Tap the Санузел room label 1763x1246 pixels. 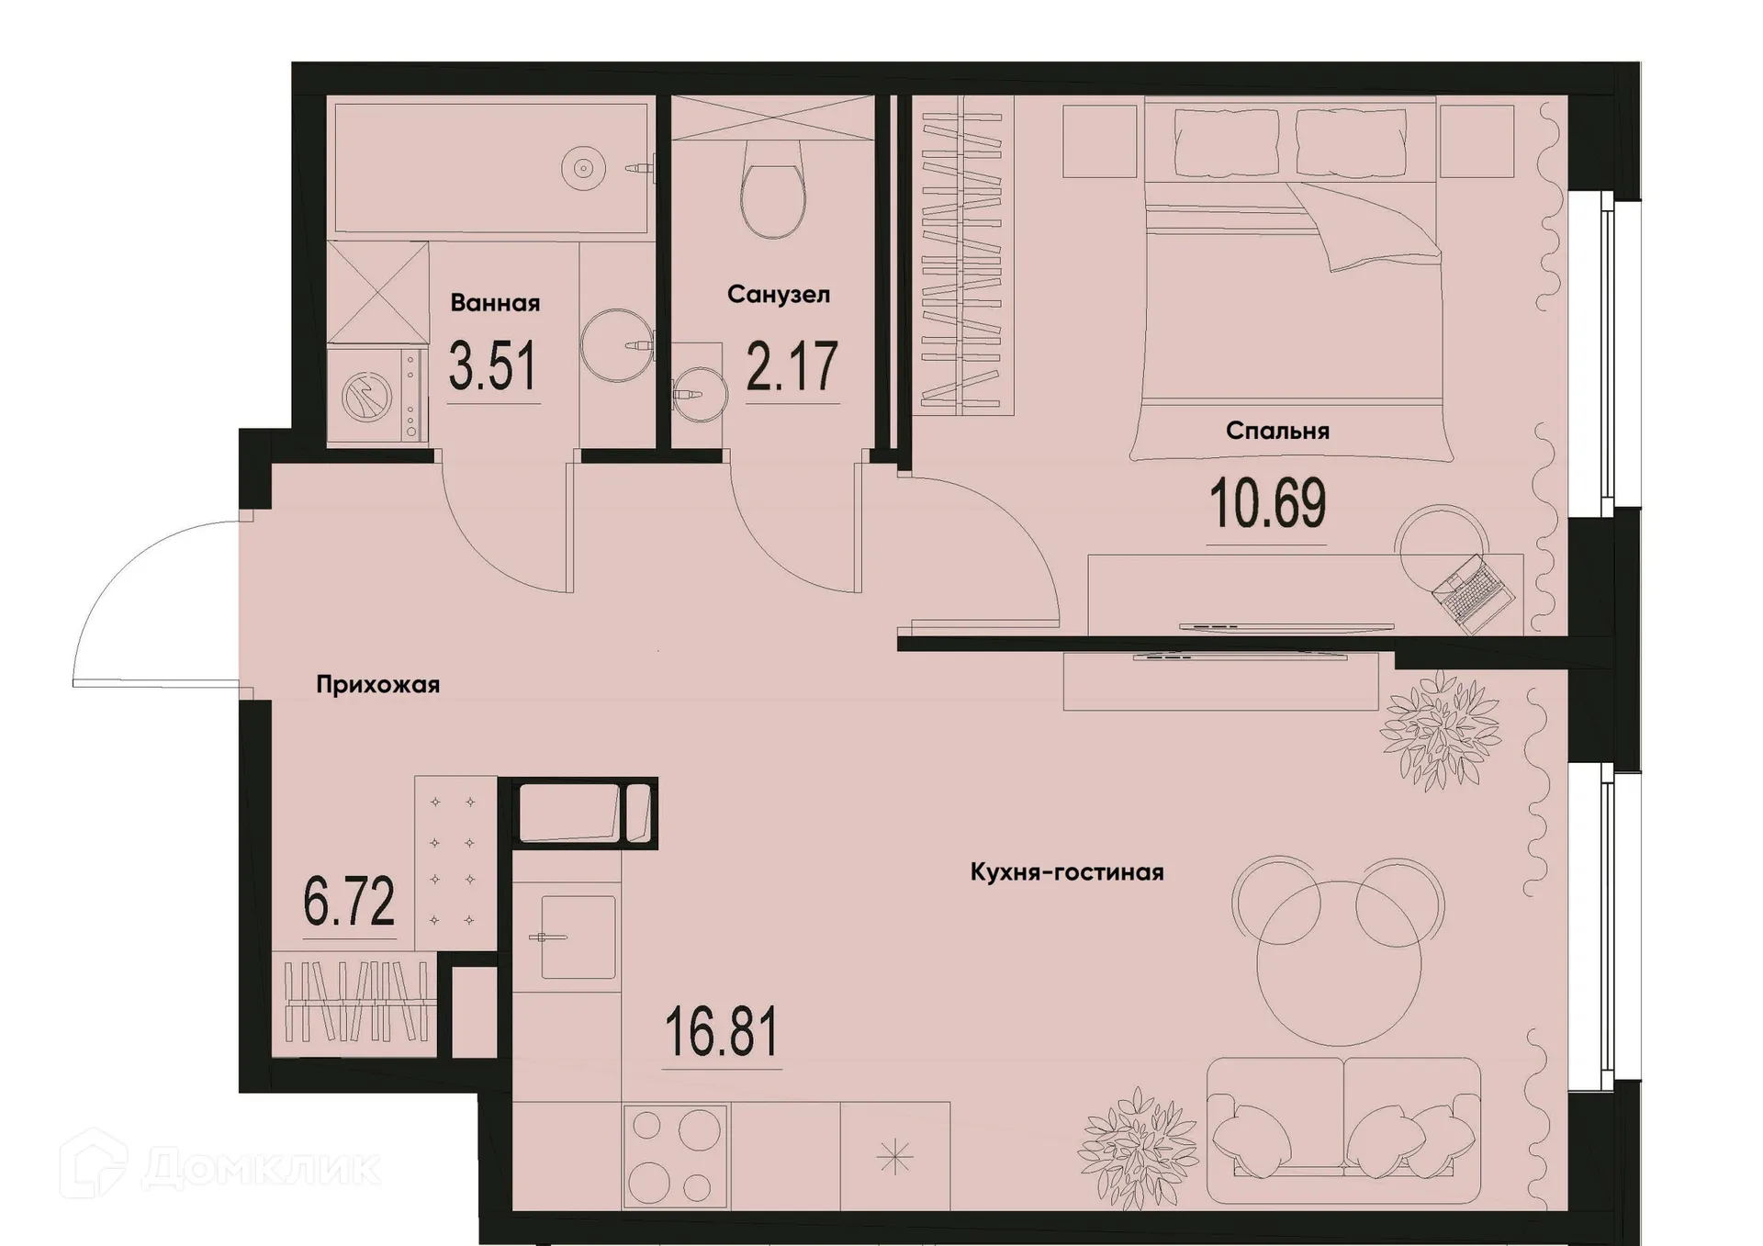778,295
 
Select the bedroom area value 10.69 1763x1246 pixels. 1268,504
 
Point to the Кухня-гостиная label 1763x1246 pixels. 1067,872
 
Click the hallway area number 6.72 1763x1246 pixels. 349,902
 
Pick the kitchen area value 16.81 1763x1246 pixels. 721,1032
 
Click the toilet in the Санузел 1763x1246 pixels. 772,190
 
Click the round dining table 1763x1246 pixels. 1339,964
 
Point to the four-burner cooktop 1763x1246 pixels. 675,1157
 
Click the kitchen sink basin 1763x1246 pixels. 578,937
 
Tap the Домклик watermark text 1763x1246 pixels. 261,1168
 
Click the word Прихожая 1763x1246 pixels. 377,685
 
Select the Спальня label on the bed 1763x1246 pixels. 1277,432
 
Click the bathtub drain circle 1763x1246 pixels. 583,168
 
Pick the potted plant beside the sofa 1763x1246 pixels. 1138,1147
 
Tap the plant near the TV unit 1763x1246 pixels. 1440,730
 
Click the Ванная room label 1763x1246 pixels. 495,303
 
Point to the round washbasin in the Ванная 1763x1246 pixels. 616,345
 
